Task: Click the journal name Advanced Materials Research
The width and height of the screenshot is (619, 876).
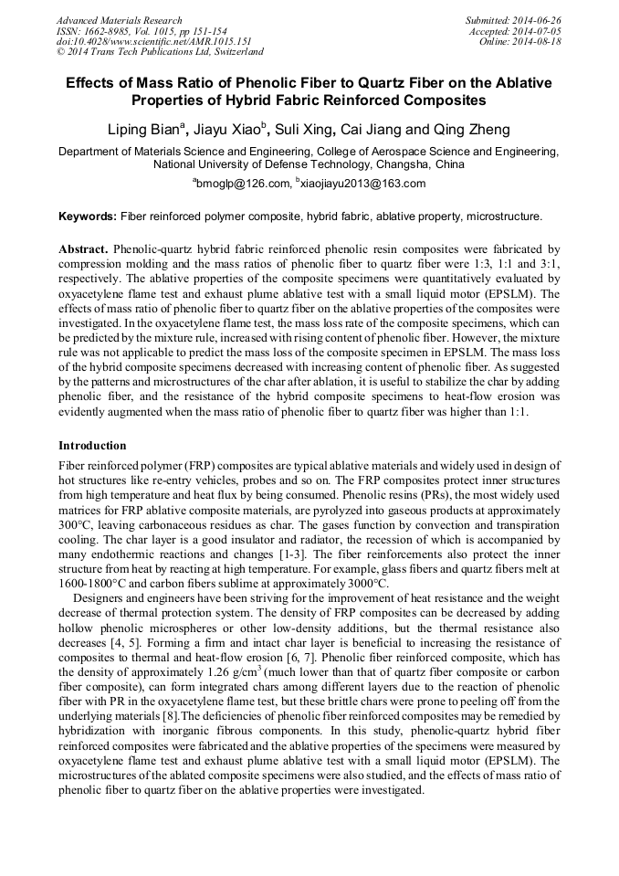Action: (x=120, y=20)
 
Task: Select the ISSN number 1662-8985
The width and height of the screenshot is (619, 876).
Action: (x=111, y=31)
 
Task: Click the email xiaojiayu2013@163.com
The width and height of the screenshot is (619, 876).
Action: (x=360, y=184)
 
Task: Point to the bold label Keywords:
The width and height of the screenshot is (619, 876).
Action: (x=88, y=216)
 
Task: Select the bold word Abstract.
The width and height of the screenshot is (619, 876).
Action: (x=84, y=248)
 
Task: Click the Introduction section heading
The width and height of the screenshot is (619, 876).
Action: (x=92, y=446)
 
